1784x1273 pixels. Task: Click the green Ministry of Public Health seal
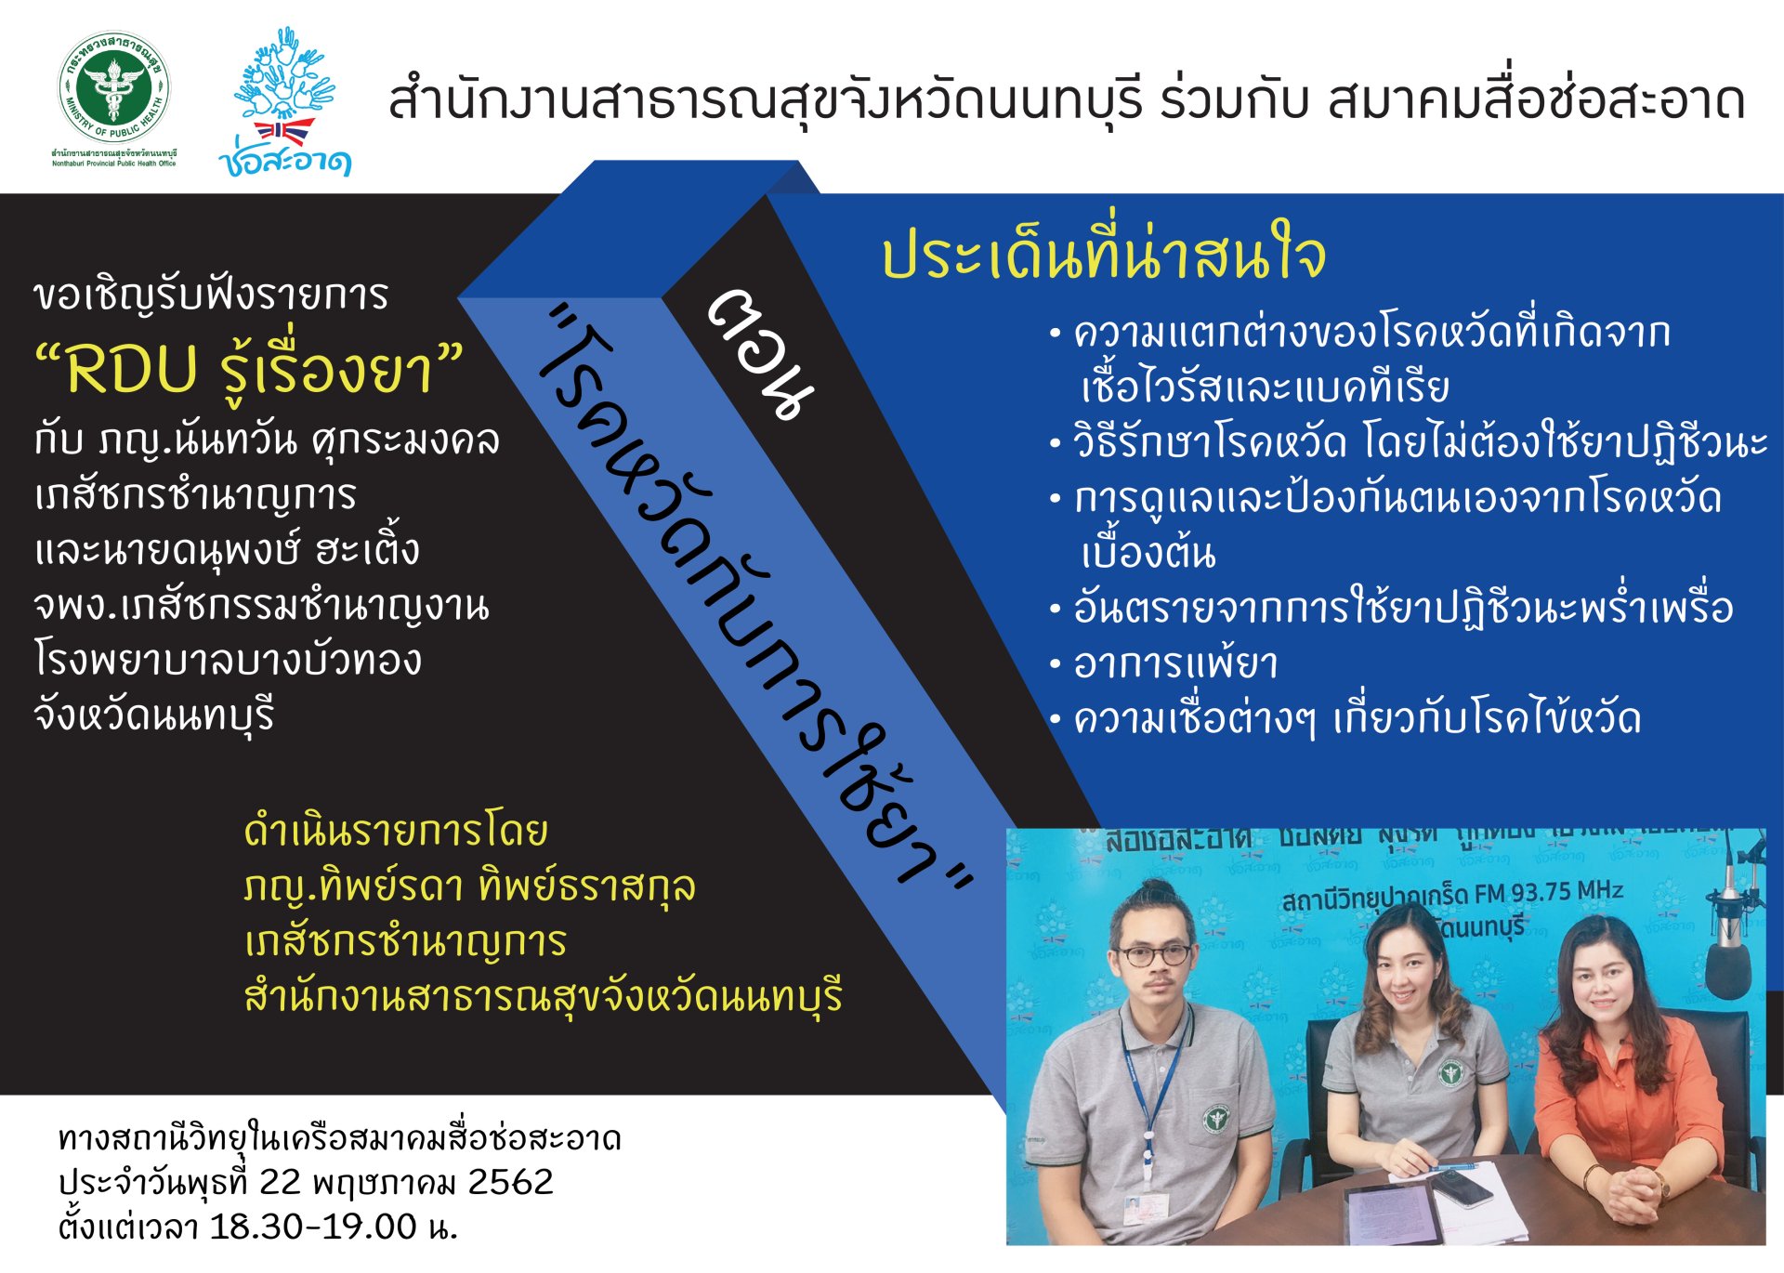point(114,89)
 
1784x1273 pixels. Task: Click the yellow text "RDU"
point(132,370)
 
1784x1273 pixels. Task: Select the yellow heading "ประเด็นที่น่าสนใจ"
point(1103,256)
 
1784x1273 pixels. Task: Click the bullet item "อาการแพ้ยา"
point(1175,663)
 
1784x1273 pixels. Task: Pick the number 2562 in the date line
point(510,1182)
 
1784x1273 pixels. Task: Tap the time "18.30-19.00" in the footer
point(313,1227)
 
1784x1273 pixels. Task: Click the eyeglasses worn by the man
point(1152,955)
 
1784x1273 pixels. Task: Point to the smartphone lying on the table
point(1461,1187)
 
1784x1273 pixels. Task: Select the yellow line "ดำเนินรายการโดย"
point(396,832)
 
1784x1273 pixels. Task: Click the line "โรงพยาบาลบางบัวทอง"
point(229,660)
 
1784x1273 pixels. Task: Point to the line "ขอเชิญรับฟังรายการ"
point(212,295)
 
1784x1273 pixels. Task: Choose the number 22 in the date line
point(280,1182)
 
